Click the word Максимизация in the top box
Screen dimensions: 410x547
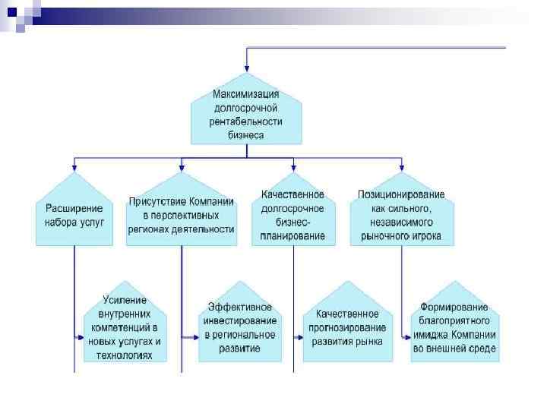click(x=245, y=95)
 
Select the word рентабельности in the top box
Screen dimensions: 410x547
click(x=245, y=121)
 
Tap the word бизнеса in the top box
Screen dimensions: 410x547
click(x=245, y=135)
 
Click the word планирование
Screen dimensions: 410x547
click(x=292, y=235)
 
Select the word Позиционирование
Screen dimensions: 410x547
click(x=402, y=194)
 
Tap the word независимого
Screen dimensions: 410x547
click(x=402, y=222)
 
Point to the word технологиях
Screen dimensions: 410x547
click(x=125, y=355)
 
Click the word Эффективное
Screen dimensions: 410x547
click(x=239, y=307)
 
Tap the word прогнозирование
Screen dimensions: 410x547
click(x=346, y=327)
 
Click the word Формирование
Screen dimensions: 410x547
click(x=454, y=307)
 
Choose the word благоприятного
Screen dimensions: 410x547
click(x=454, y=321)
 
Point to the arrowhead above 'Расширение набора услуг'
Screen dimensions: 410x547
click(x=74, y=168)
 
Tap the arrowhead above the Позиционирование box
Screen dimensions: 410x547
click(x=402, y=168)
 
